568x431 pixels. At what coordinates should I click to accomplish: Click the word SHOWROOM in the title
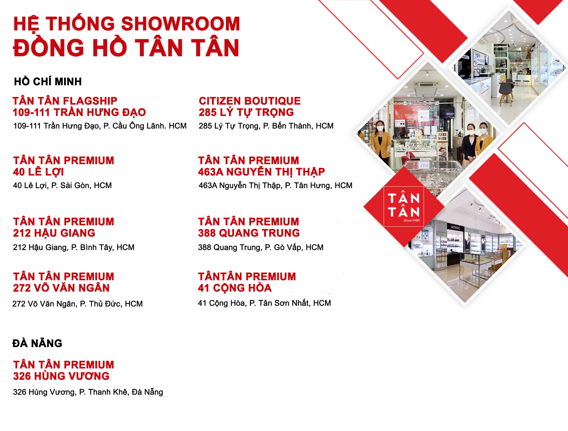pos(181,24)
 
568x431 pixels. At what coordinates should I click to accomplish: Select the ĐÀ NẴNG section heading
pos(37,343)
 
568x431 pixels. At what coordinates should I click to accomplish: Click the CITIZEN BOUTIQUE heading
pos(250,101)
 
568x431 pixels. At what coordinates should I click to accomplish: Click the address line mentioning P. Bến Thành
pos(266,126)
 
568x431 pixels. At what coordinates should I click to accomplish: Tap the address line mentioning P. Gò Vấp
pos(261,247)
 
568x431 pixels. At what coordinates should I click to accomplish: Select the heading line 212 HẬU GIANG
pos(54,233)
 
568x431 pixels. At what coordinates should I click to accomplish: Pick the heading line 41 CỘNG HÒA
pos(235,288)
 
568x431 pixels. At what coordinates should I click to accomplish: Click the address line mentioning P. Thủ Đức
pos(77,304)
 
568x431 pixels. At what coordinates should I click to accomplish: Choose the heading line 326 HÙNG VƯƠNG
pos(61,376)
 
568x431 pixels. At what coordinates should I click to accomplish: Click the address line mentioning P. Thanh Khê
pos(88,392)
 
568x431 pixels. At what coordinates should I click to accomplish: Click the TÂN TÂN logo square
pos(404,206)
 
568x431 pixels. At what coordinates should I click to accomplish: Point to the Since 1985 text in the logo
pos(412,220)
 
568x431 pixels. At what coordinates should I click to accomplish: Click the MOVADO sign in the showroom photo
pos(455,227)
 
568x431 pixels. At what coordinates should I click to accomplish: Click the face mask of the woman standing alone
pos(380,128)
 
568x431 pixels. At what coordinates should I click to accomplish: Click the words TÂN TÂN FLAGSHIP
pos(65,101)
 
